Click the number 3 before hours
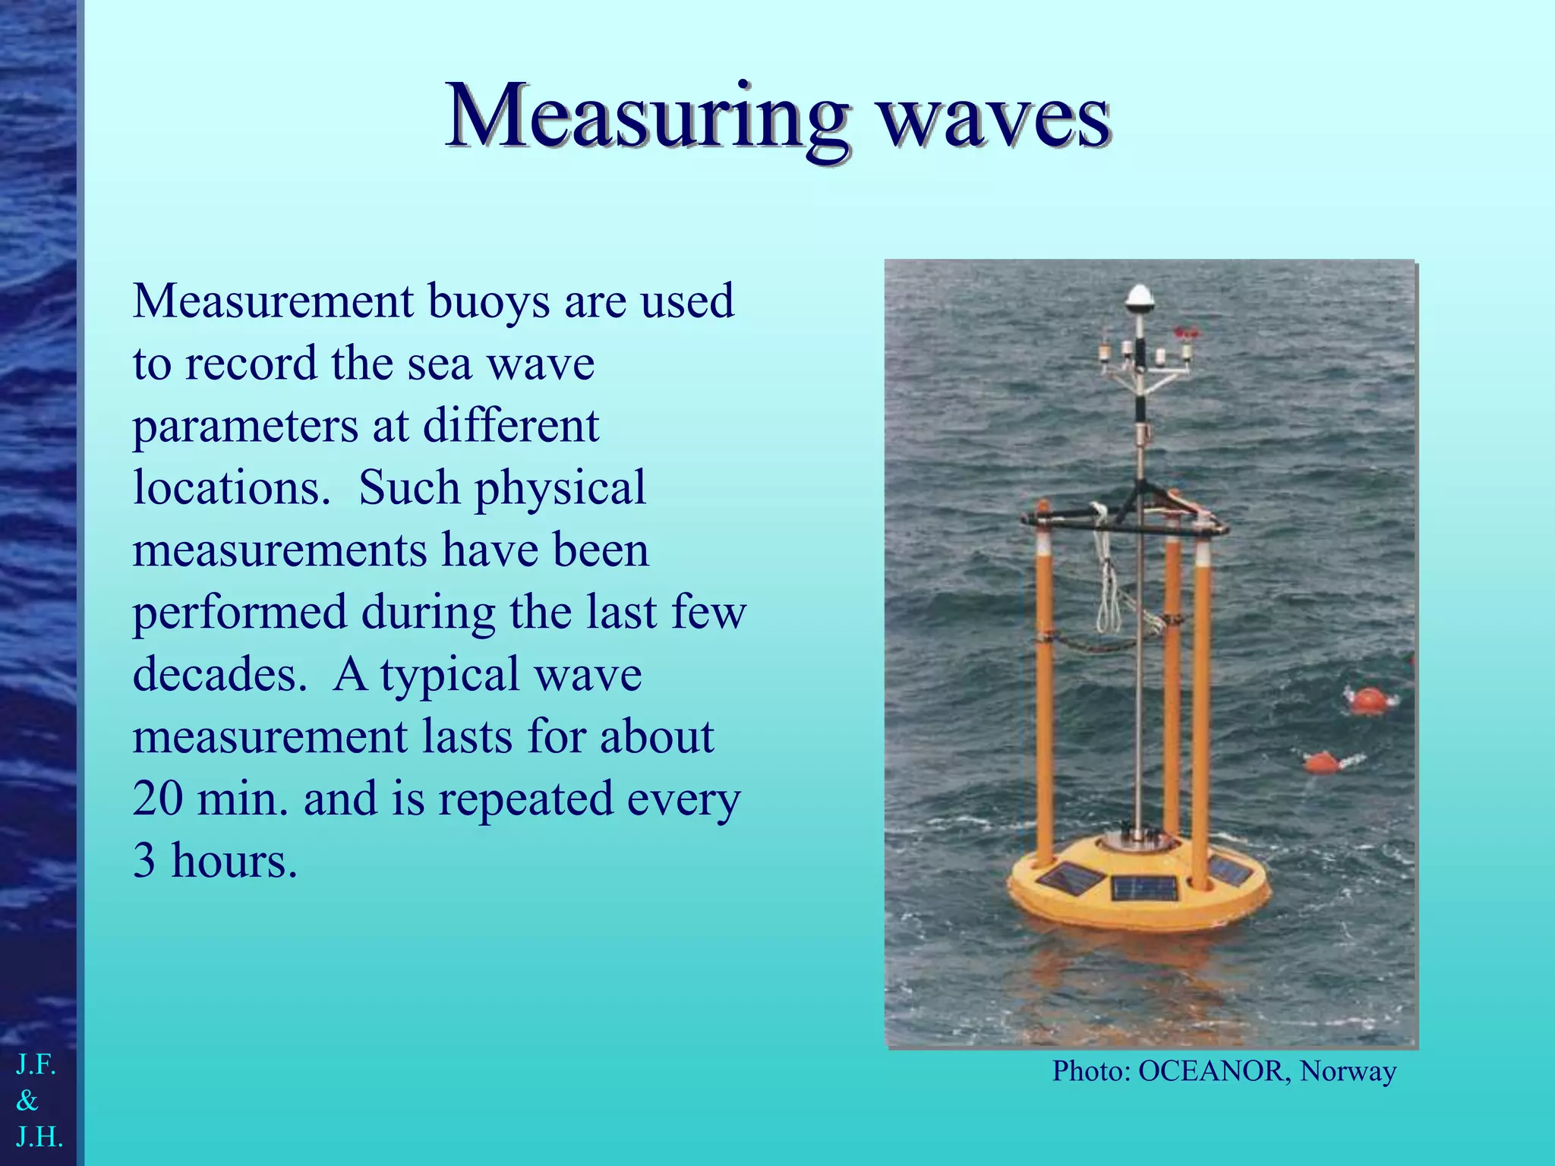pyautogui.click(x=144, y=862)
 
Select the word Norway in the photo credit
pyautogui.click(x=1348, y=1071)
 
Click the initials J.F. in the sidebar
pyautogui.click(x=36, y=1065)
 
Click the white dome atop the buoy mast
pyautogui.click(x=1139, y=297)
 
